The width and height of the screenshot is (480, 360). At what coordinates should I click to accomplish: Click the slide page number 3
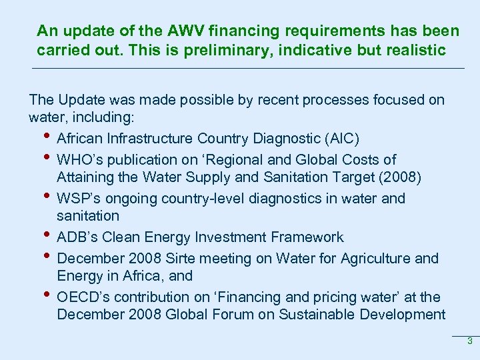(469, 341)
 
